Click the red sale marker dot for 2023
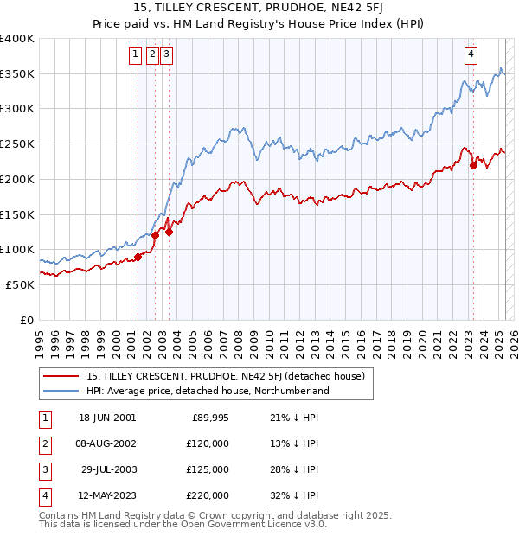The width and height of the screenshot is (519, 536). [473, 166]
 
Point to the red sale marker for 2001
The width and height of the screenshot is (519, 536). [138, 257]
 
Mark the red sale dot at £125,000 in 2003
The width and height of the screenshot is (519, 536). [170, 232]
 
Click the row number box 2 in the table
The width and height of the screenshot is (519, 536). [42, 444]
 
